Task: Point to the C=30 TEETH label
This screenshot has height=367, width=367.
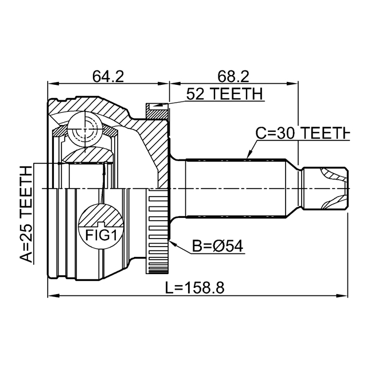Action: point(302,133)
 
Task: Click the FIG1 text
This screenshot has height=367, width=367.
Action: point(101,235)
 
